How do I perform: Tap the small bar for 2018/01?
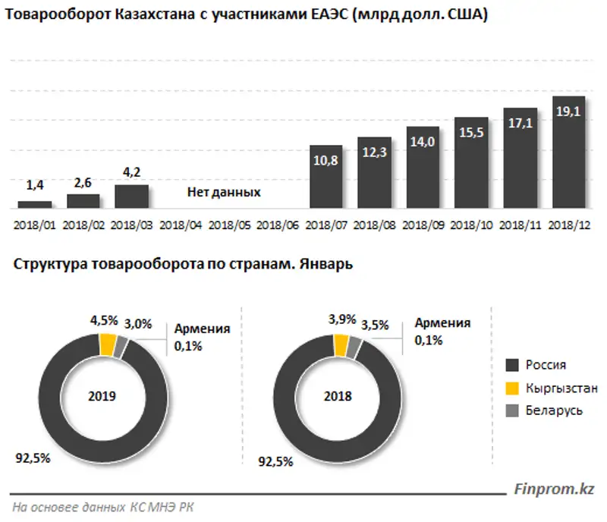[35, 204]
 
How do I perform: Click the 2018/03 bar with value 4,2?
[131, 196]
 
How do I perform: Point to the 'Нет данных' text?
[224, 193]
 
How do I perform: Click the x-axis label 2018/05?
[229, 225]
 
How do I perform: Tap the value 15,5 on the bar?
[471, 130]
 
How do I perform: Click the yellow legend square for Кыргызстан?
[512, 388]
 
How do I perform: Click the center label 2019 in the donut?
[102, 396]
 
